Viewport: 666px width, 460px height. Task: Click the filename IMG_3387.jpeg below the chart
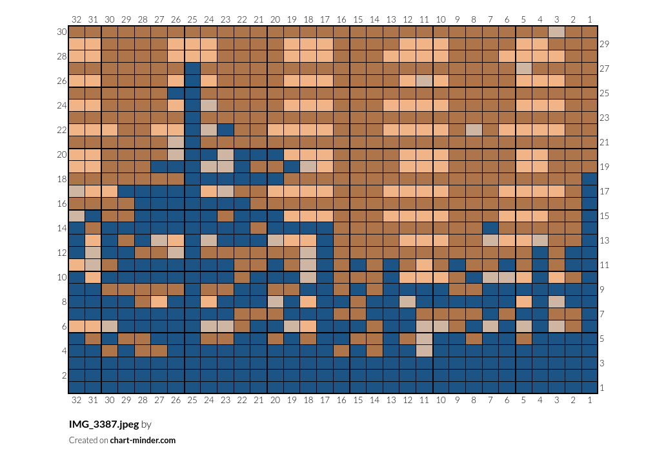[x=104, y=424]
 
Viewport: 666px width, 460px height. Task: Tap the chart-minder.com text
[x=143, y=441]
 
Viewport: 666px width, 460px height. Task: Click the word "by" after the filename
[x=146, y=424]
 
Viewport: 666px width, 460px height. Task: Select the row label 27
[x=604, y=68]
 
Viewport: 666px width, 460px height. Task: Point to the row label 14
[x=62, y=228]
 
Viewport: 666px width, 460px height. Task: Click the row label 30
[x=62, y=32]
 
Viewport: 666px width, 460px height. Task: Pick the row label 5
[x=602, y=339]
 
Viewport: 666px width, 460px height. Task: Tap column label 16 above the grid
[x=341, y=19]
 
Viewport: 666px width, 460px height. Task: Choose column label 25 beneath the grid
[x=192, y=400]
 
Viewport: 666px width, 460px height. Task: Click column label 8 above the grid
[x=474, y=19]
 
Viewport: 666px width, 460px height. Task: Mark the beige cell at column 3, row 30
[x=556, y=32]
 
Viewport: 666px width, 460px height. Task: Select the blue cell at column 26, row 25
[x=176, y=93]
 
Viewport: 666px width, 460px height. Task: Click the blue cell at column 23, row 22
[x=225, y=130]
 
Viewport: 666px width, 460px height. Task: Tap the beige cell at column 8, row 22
[x=474, y=130]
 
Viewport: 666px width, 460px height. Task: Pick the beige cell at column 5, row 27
[x=523, y=68]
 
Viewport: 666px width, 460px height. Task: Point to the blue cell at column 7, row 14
[x=490, y=228]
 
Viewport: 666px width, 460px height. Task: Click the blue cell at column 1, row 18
[x=590, y=179]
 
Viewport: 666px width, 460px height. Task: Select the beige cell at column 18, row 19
[x=308, y=167]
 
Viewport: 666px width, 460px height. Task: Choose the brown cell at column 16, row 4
[x=341, y=351]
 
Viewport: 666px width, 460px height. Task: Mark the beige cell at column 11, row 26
[x=424, y=81]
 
